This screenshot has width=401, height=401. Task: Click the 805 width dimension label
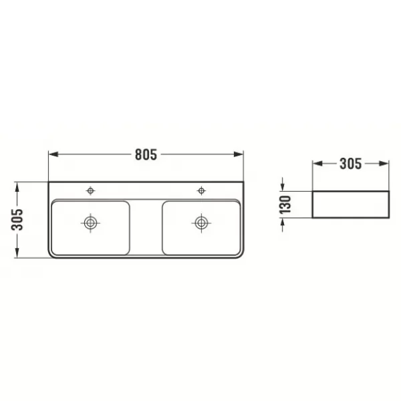(146, 154)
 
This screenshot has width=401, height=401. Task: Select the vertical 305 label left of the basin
(17, 220)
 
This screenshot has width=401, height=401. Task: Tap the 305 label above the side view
(351, 164)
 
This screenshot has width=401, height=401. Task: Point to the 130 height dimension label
(285, 205)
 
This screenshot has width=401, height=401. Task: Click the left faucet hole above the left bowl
(90, 190)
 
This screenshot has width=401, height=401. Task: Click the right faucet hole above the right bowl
(201, 190)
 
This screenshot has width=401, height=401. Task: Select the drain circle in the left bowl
(90, 223)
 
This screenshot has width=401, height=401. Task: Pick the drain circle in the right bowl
(201, 223)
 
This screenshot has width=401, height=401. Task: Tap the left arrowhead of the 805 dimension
(53, 154)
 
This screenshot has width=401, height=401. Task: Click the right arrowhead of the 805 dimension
(239, 154)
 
